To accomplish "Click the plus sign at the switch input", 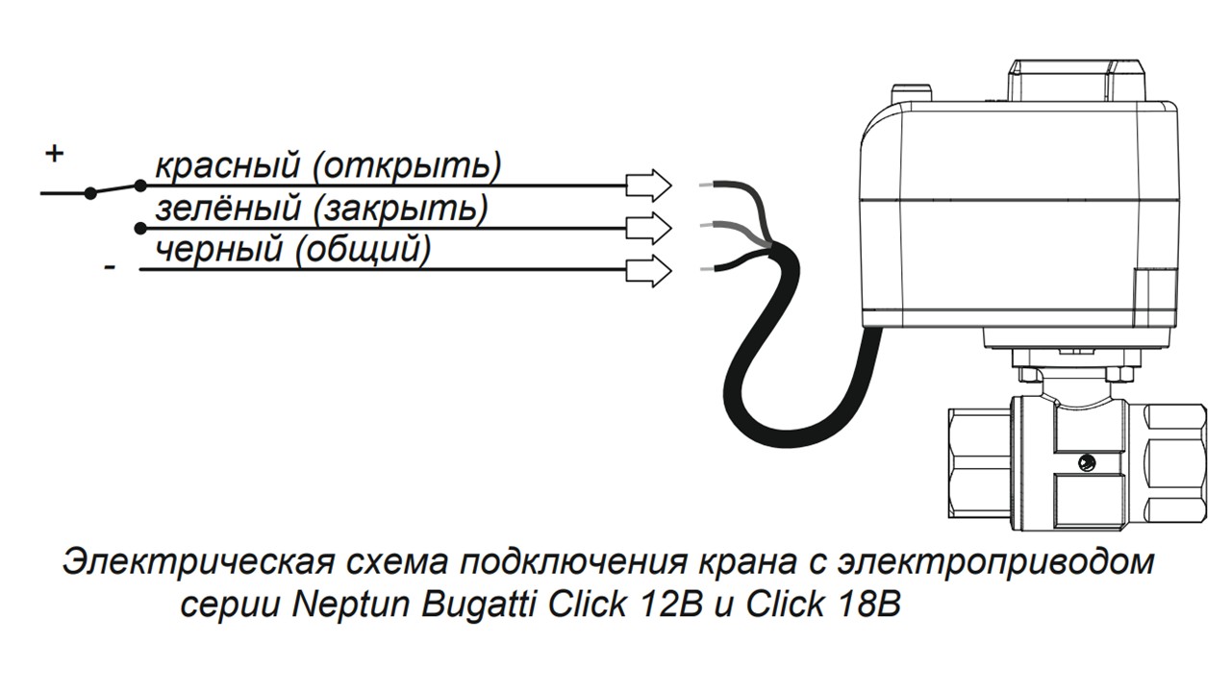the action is (54, 153).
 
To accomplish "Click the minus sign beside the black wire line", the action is (110, 267).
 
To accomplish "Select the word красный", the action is (228, 166).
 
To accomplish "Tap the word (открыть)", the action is (407, 167).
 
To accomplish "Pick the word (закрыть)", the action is (401, 210).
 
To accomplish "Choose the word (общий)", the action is (363, 251).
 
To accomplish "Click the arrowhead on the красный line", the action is (649, 185).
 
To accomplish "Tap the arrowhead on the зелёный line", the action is (649, 228).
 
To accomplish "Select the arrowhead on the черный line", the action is (649, 270).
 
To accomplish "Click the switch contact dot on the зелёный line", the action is (140, 228).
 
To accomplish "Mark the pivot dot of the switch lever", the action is (90, 193).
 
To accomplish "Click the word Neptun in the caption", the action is (351, 605).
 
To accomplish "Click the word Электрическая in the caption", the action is (198, 561).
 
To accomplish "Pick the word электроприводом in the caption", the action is (995, 562).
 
